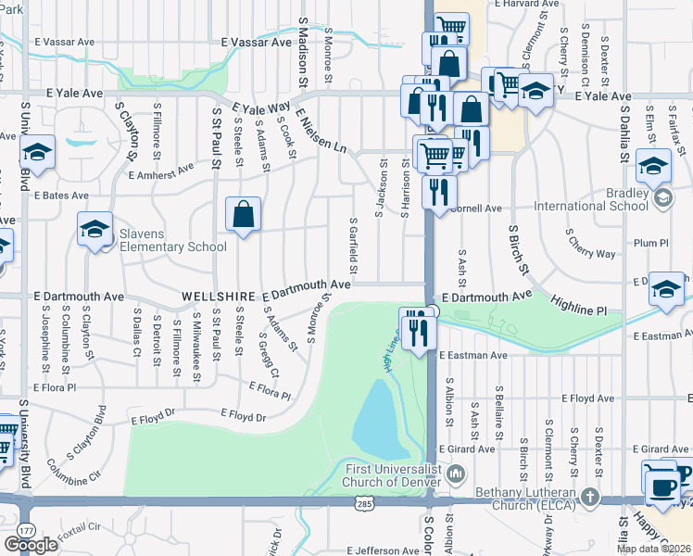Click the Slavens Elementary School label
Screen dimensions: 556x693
pos(172,240)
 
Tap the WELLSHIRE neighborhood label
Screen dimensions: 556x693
pos(212,295)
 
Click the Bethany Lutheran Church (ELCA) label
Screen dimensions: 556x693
pos(524,498)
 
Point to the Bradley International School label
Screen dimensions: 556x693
pos(594,199)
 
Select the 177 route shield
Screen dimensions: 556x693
pos(23,529)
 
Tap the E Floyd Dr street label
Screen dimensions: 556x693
pos(242,416)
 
